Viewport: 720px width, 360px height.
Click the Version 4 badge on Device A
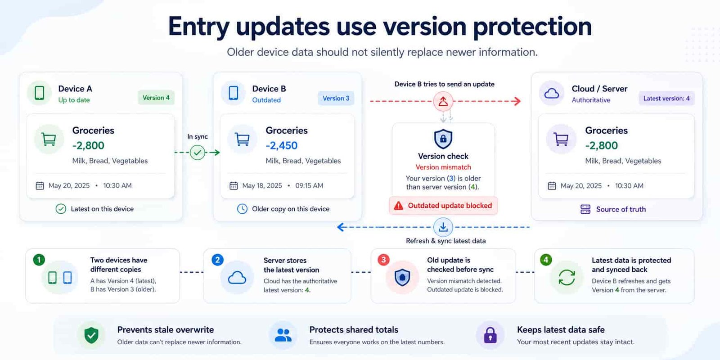click(156, 98)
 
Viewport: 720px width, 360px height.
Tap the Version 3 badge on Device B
click(336, 99)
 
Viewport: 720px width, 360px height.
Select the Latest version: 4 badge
click(666, 99)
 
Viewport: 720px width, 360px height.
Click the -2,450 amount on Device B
click(282, 146)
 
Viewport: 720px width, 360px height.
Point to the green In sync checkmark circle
click(198, 153)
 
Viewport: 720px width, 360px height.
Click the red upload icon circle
click(443, 101)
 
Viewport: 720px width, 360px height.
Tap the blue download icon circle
click(443, 227)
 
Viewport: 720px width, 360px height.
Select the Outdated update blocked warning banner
click(443, 206)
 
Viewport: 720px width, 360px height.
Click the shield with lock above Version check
click(443, 139)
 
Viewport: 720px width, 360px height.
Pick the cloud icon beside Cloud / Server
click(552, 94)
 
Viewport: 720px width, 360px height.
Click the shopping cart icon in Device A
click(49, 139)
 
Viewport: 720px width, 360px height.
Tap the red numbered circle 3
click(383, 260)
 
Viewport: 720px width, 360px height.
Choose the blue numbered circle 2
click(218, 260)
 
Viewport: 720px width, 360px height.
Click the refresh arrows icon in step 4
click(567, 277)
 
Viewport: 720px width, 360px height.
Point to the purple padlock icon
click(490, 335)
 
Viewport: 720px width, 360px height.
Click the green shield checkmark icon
click(91, 335)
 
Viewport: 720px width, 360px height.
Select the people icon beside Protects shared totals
click(283, 335)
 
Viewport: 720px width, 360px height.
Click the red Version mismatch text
click(443, 167)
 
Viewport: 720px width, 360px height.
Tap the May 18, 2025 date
click(262, 186)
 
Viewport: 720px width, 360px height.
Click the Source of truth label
click(621, 209)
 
